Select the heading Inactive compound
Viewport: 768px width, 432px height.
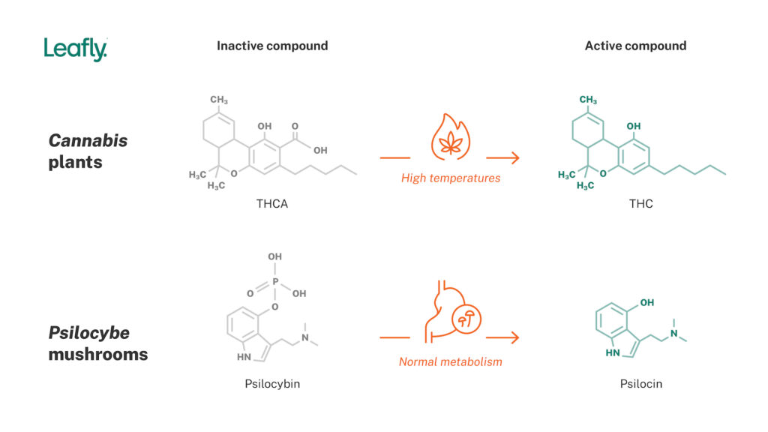(272, 46)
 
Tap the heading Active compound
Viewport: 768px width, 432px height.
(635, 46)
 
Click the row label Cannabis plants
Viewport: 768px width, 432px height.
(88, 151)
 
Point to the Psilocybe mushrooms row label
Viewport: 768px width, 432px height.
(97, 343)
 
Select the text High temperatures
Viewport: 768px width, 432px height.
(450, 178)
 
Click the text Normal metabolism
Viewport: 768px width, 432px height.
(450, 361)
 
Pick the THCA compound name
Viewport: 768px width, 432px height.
(272, 204)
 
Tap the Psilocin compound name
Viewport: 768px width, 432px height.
(641, 384)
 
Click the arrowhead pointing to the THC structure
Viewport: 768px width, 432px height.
(515, 157)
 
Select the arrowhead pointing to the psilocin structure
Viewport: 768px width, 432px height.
(515, 337)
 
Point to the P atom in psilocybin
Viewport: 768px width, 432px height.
(275, 282)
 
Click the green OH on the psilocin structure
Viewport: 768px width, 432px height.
(646, 303)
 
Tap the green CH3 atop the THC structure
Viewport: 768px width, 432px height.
(588, 100)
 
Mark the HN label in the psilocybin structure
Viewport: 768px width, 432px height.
(244, 357)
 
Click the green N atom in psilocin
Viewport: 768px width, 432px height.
(673, 333)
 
